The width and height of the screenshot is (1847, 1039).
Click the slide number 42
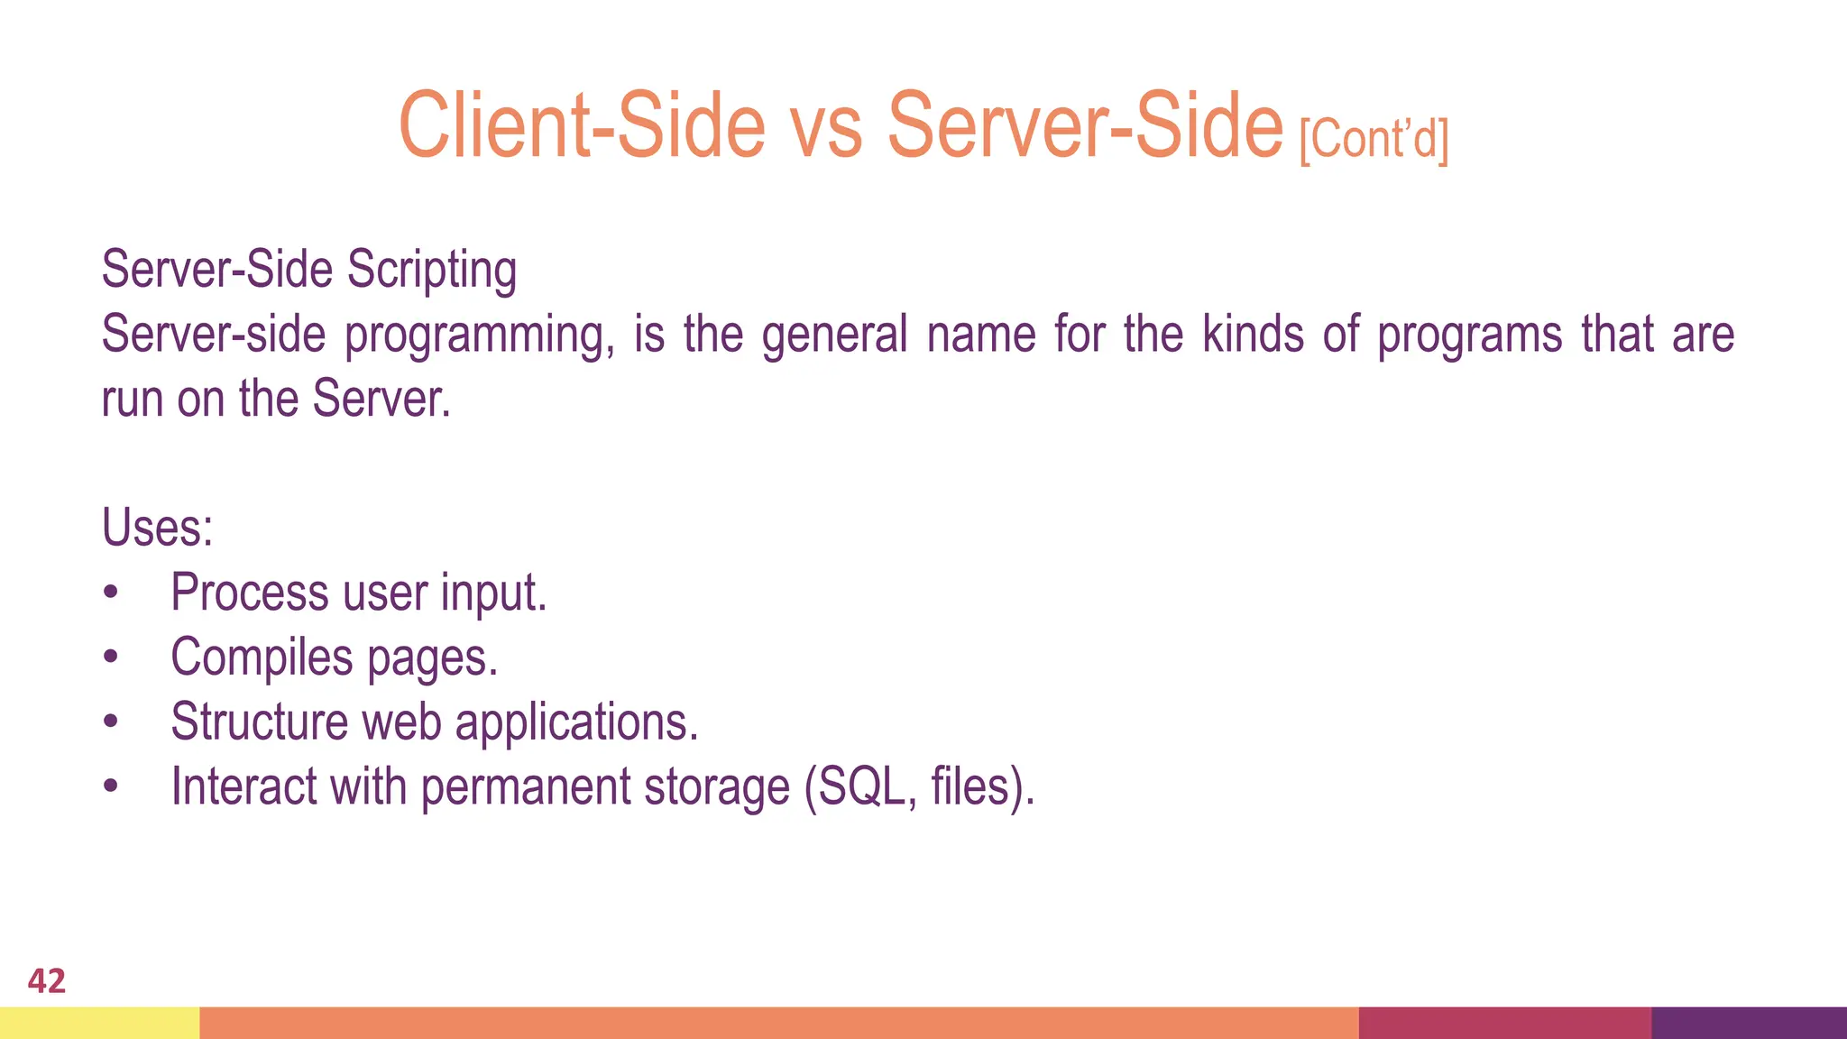tap(47, 980)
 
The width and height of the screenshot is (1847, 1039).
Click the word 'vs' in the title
tap(827, 126)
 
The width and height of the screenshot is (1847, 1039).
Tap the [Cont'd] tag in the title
tap(1374, 140)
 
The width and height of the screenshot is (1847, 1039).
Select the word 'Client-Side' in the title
tap(582, 126)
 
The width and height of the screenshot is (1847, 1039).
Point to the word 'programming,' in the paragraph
tap(480, 336)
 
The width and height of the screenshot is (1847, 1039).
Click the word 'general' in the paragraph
tap(834, 336)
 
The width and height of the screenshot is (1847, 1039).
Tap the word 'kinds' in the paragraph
tap(1254, 334)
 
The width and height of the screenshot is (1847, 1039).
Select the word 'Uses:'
tap(158, 528)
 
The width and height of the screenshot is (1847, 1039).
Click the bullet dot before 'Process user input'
tap(110, 593)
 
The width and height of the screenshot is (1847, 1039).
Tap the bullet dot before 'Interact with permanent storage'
tap(110, 786)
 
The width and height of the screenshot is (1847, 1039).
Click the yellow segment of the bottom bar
tap(99, 1023)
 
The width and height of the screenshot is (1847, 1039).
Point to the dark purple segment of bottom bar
tap(1749, 1023)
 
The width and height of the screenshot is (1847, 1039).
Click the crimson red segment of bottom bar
tap(1504, 1023)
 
